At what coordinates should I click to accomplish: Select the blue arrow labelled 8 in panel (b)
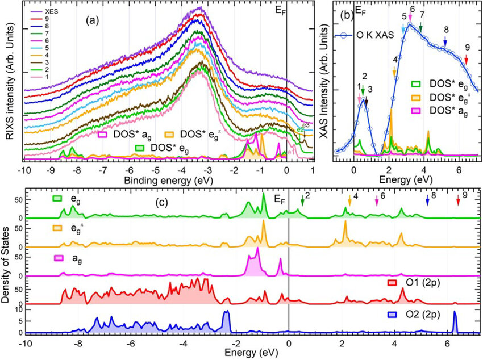click(x=445, y=42)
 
